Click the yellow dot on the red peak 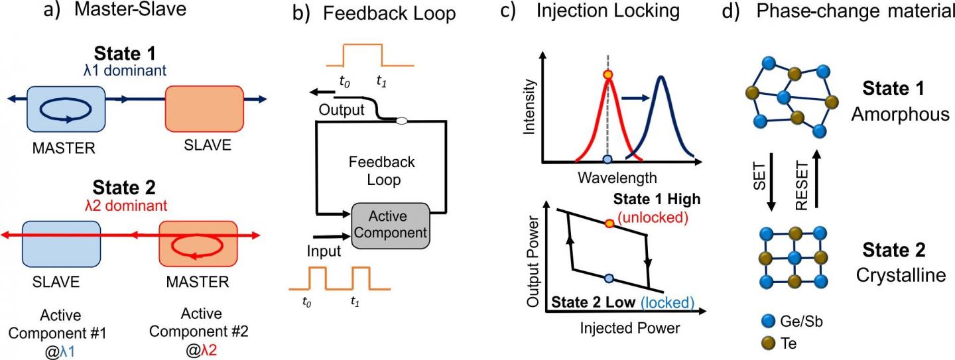pyautogui.click(x=607, y=75)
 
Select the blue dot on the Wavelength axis pyautogui.click(x=607, y=160)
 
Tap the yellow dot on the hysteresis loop pyautogui.click(x=610, y=223)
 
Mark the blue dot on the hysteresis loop pyautogui.click(x=609, y=276)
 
